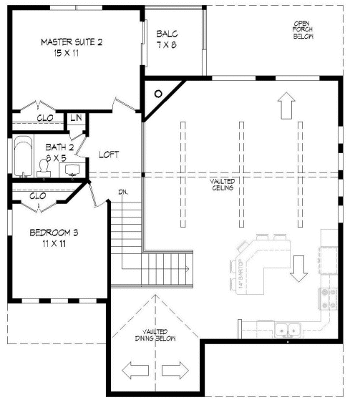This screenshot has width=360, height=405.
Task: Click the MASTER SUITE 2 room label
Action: (72, 42)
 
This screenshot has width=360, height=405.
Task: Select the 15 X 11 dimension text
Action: (71, 53)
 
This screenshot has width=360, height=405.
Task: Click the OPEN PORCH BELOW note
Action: (301, 30)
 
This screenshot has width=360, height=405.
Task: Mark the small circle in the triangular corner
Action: (158, 92)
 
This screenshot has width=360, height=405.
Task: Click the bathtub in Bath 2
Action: (22, 155)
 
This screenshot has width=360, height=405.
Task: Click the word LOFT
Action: (109, 154)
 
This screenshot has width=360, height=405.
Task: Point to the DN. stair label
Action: (123, 192)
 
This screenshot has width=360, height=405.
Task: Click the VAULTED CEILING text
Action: (223, 185)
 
